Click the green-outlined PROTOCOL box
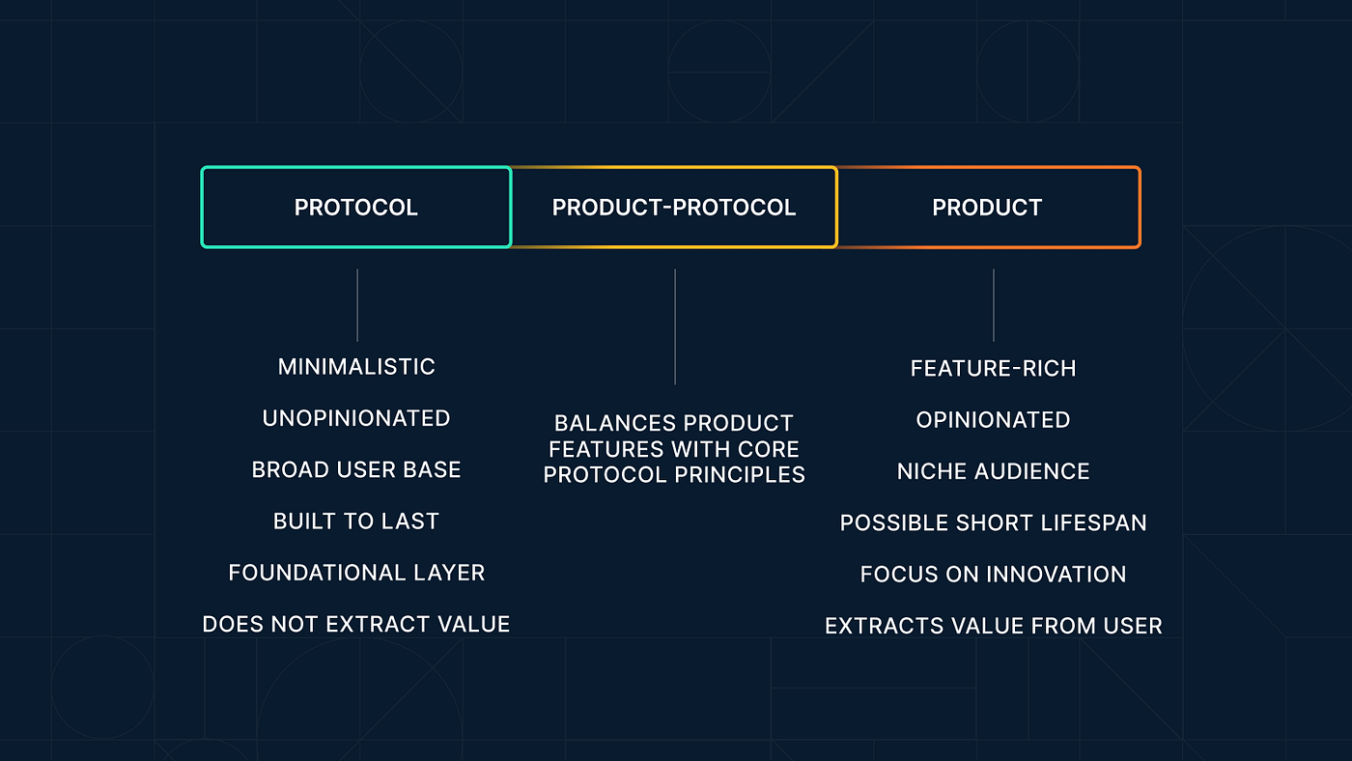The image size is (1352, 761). [x=355, y=208]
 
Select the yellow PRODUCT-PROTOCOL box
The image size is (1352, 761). [x=674, y=208]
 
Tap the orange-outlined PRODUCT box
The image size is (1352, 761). [x=987, y=208]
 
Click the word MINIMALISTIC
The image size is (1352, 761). [x=356, y=367]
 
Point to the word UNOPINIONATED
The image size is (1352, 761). [x=356, y=418]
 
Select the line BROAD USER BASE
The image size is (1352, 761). [x=356, y=469]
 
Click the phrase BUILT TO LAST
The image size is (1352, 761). [x=356, y=521]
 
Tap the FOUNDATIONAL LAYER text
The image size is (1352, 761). [x=356, y=573]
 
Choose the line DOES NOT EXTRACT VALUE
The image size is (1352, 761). [x=356, y=624]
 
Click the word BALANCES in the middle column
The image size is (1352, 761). [x=609, y=423]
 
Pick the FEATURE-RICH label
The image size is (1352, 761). [x=993, y=368]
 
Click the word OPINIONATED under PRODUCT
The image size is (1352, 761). [x=993, y=420]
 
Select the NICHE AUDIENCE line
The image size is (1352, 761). [x=993, y=471]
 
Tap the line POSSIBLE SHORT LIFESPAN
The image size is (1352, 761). [x=993, y=522]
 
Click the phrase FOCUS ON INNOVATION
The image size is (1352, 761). [x=993, y=575]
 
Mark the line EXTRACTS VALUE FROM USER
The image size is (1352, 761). [x=993, y=626]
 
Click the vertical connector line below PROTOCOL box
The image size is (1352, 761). [x=357, y=305]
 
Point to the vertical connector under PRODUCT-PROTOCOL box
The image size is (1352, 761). [x=675, y=326]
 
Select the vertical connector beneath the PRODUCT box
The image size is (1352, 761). [x=994, y=305]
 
